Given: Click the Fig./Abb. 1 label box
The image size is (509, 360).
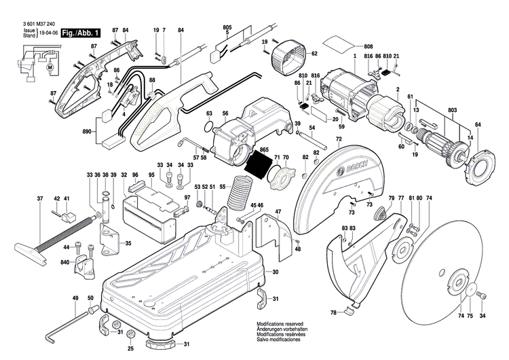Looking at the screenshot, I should pyautogui.click(x=80, y=33).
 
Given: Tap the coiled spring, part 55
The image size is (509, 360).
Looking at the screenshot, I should pyautogui.click(x=238, y=194).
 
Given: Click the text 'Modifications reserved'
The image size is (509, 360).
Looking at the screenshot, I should pyautogui.click(x=280, y=325).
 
